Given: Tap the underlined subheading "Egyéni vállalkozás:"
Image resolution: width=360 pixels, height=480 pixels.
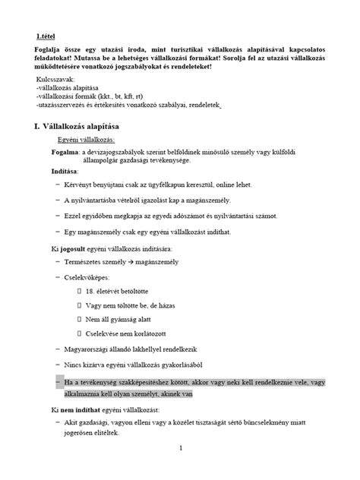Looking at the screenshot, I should (x=86, y=141).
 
